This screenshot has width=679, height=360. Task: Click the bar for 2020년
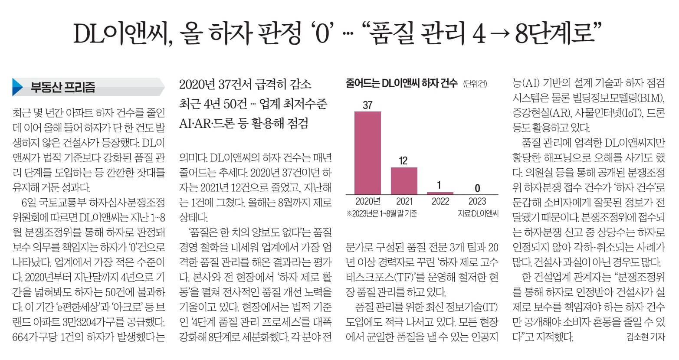point(367,153)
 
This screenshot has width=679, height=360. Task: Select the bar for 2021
point(403,180)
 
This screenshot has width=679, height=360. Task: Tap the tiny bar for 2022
point(440,193)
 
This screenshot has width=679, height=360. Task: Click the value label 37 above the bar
point(367,105)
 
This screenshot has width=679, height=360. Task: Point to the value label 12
point(403,161)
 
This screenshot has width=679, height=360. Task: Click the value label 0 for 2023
point(477,188)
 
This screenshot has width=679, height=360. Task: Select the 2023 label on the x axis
point(477,201)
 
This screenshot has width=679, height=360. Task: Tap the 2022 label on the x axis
point(440,201)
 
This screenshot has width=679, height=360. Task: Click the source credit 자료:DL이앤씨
point(478,213)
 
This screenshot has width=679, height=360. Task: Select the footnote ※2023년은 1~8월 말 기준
point(382,213)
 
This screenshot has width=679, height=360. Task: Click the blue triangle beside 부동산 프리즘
point(18,87)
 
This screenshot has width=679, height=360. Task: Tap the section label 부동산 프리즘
point(62,87)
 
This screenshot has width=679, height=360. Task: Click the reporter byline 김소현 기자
point(646,337)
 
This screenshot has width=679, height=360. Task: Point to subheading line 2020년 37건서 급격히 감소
point(245,84)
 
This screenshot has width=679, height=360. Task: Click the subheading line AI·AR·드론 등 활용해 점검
point(243,123)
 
